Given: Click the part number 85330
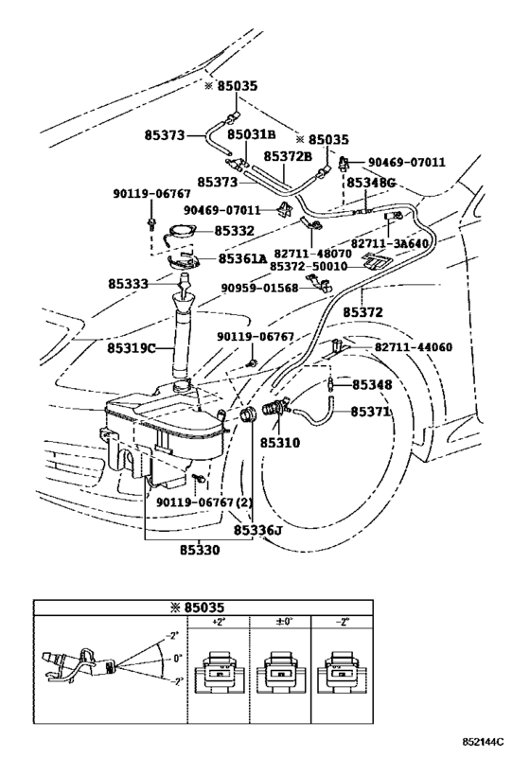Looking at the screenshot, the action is [200, 550].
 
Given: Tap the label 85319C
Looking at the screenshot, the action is [132, 348].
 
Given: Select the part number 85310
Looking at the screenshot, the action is [280, 442].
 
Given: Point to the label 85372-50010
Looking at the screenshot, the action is [316, 267].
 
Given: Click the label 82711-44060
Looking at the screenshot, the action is [414, 347].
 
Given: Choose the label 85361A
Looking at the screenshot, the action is [242, 258].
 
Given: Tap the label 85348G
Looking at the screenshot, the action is [371, 183].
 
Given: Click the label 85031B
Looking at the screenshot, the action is [252, 134].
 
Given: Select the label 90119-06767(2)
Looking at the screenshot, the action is [204, 502].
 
